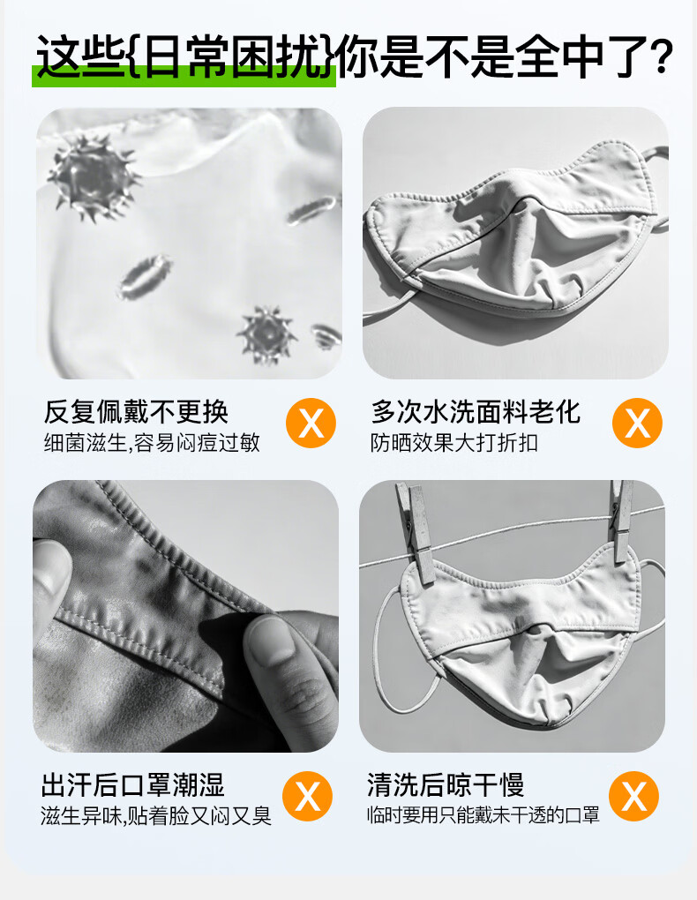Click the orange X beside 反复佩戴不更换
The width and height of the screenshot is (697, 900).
[x=311, y=423]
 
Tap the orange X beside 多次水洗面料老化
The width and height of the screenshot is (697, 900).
[x=637, y=423]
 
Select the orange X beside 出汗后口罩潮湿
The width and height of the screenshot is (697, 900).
[x=307, y=796]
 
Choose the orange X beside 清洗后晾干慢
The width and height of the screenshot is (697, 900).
[x=633, y=796]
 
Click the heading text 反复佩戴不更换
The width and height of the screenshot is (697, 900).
[x=136, y=411]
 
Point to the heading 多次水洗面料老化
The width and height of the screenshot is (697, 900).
[x=476, y=411]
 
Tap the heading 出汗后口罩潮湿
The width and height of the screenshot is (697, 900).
[x=132, y=784]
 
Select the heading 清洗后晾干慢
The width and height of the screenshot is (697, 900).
[x=446, y=784]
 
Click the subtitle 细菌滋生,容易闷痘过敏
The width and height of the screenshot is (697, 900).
[x=152, y=443]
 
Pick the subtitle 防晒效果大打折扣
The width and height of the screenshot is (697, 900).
[x=453, y=443]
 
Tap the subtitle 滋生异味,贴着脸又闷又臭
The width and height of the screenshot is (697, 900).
[x=155, y=815]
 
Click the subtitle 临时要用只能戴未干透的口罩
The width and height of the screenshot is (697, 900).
[x=483, y=815]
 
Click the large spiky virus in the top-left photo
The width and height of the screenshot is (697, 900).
[x=94, y=177]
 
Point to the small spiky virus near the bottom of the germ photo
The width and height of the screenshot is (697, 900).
[x=267, y=335]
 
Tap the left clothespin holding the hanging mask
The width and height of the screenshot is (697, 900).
[x=416, y=531]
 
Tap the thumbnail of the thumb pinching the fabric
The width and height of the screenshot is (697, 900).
[x=269, y=640]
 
